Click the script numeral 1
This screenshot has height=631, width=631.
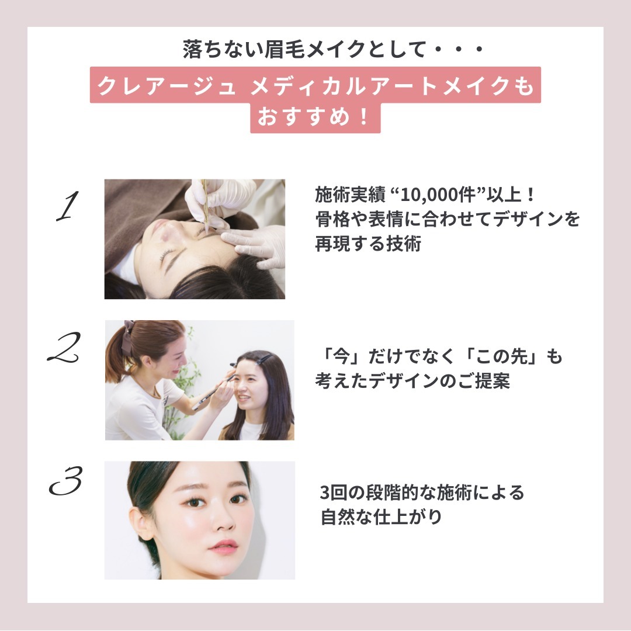(x=67, y=206)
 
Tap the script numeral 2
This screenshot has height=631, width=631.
(x=64, y=347)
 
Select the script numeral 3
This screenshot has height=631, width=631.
(x=65, y=480)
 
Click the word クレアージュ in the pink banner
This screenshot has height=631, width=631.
(x=167, y=86)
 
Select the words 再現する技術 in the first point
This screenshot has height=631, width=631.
(x=368, y=244)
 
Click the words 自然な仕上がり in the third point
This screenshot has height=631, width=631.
(x=381, y=517)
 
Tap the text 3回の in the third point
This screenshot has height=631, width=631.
(x=342, y=493)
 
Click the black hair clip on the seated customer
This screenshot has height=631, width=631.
(x=262, y=358)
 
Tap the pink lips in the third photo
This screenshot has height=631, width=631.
(x=223, y=547)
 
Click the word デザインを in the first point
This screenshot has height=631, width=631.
(x=536, y=219)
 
